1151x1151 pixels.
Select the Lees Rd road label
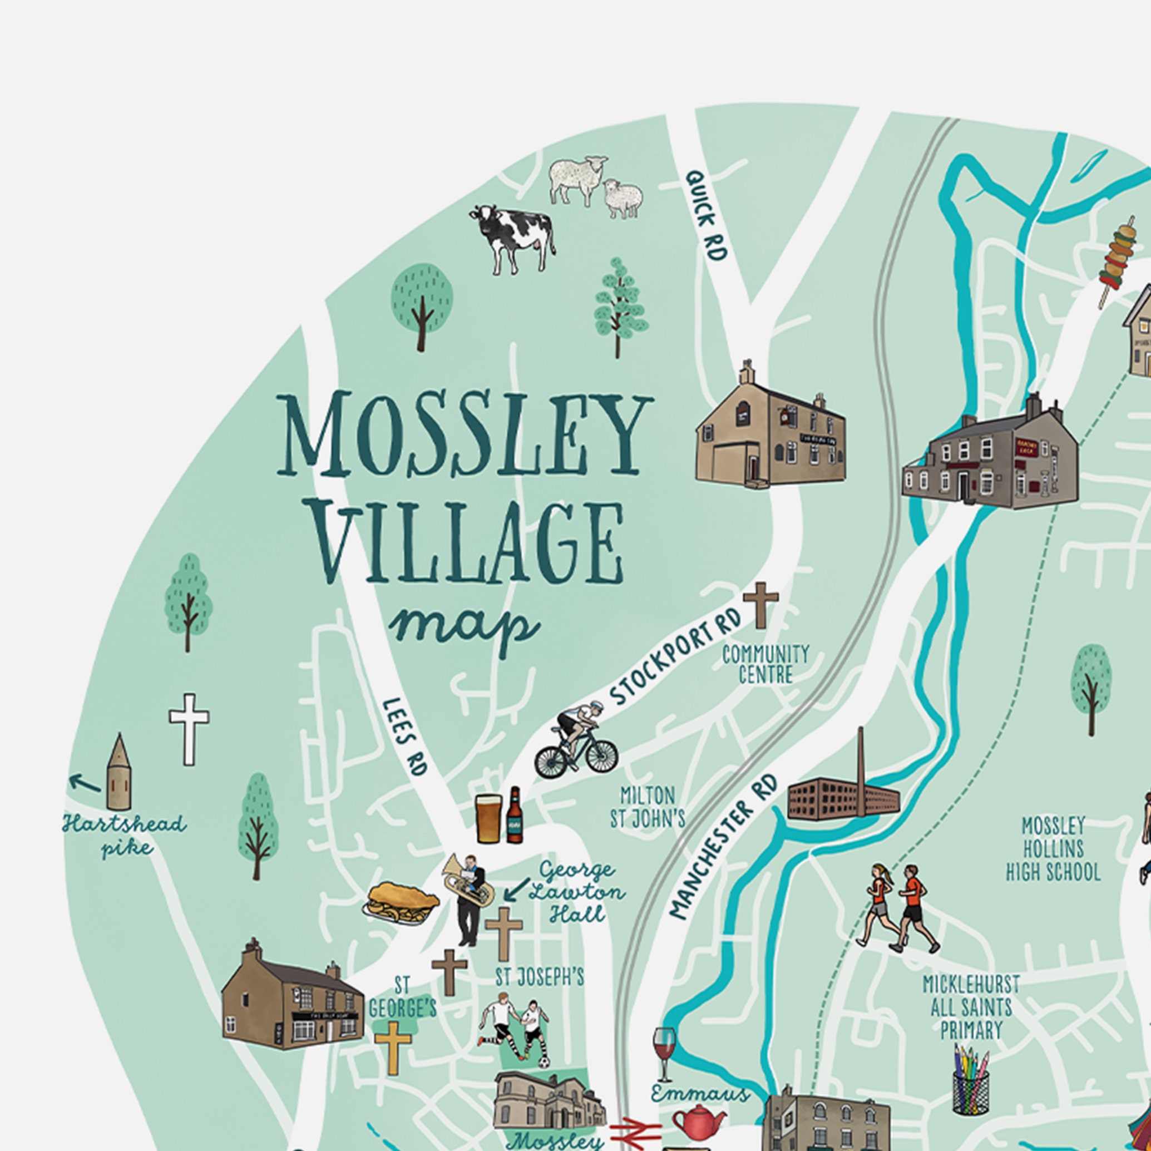point(405,737)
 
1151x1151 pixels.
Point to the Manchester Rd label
point(723,846)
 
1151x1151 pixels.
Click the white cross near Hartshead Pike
point(189,728)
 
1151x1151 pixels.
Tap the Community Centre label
point(765,664)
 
